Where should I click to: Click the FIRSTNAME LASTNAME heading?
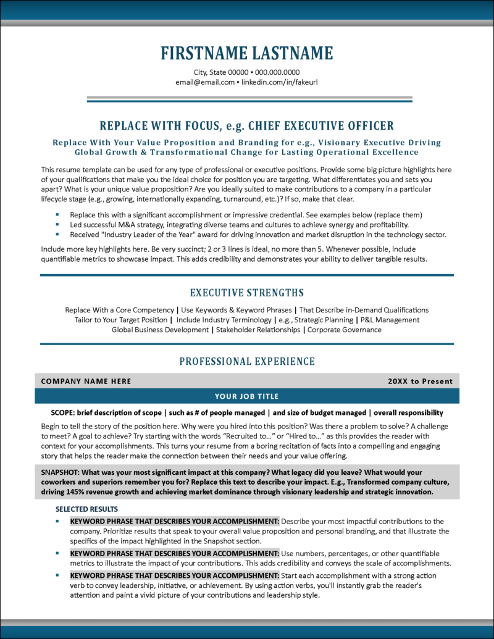[x=247, y=53]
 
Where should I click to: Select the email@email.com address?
[x=205, y=82]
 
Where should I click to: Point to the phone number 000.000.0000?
[x=277, y=72]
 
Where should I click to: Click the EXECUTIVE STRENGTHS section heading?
[x=247, y=292]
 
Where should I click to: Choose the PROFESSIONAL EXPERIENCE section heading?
[x=247, y=361]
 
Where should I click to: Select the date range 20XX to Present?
[x=420, y=381]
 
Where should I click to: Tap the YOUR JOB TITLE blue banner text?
[x=247, y=396]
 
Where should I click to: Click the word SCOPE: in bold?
[x=65, y=412]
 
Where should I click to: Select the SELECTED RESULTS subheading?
[x=86, y=509]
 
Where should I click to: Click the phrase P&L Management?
[x=390, y=320]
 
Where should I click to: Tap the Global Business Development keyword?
[x=160, y=330]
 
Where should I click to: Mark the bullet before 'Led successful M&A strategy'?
[x=57, y=225]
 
